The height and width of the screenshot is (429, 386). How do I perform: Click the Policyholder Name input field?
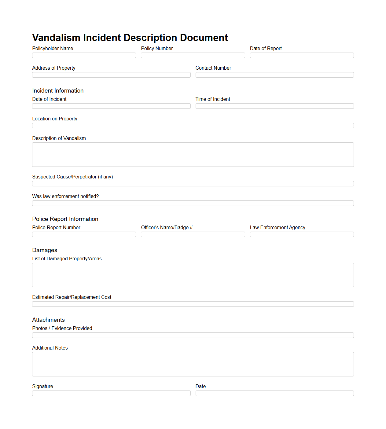[84, 55]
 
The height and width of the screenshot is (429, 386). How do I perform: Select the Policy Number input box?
[193, 55]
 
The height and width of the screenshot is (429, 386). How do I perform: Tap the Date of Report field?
[302, 55]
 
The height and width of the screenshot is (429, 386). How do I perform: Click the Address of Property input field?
[111, 75]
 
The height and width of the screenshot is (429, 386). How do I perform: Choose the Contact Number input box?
[274, 75]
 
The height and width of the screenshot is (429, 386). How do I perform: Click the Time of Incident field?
[274, 106]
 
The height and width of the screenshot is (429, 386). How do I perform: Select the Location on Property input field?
[193, 126]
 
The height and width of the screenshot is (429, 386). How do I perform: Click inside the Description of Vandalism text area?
[193, 155]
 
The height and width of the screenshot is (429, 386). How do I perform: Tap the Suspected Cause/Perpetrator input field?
[193, 184]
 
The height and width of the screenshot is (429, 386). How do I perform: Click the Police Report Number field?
[84, 234]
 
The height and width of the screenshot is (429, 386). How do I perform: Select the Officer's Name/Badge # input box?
[193, 234]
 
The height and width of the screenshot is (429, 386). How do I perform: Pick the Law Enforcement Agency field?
[302, 234]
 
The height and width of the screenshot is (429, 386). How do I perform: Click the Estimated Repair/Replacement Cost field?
[193, 304]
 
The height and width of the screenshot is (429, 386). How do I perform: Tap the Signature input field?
[111, 393]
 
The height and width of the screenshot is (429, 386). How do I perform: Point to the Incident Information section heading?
[58, 91]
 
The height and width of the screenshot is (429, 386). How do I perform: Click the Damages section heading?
[45, 250]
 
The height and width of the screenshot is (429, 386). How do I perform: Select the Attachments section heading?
[48, 320]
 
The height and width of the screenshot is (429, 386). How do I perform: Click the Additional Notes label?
[50, 348]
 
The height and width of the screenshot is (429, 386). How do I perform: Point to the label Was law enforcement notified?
[65, 196]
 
